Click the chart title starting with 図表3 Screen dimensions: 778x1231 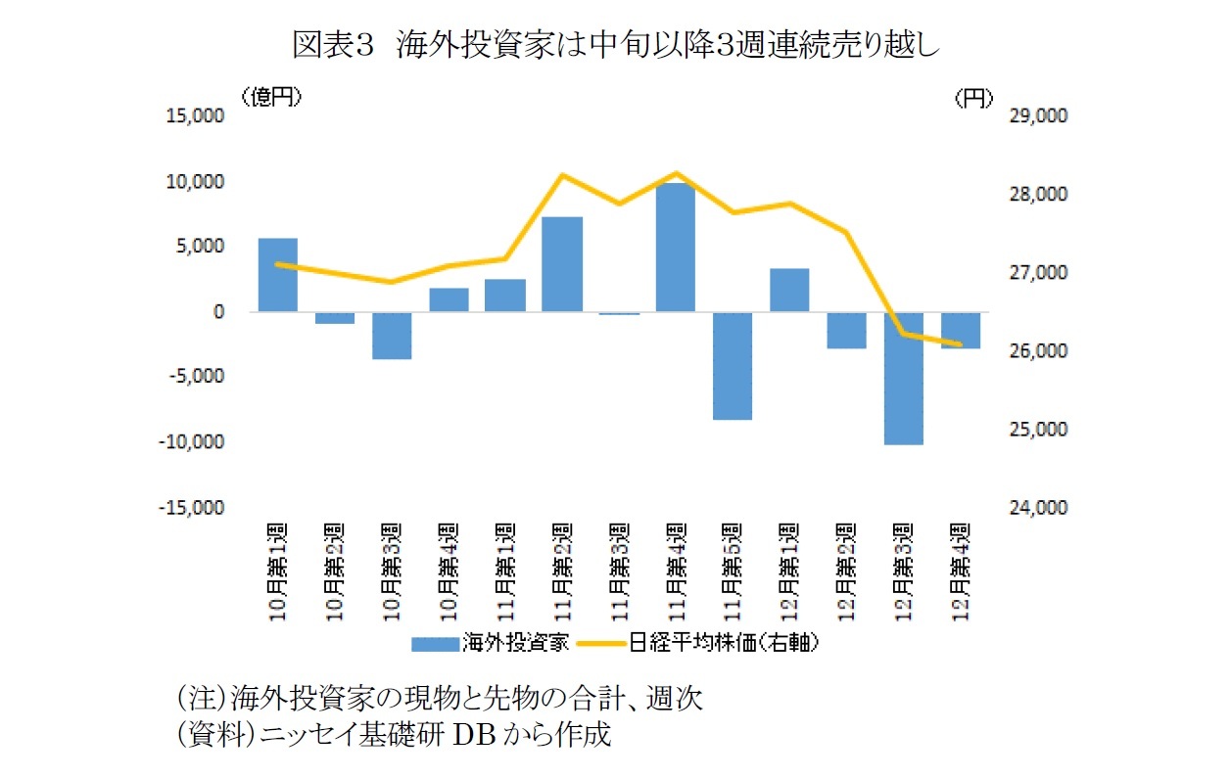615,46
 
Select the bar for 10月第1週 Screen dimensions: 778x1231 277,275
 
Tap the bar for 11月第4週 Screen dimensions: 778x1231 676,248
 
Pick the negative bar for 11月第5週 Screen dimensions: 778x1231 733,365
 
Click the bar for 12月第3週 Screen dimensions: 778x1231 903,378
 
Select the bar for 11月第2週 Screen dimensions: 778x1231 562,264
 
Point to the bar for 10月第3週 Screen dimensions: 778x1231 392,336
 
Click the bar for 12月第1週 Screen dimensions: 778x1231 789,290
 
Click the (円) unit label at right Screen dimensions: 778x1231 972,96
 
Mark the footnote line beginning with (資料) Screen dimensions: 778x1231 392,736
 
